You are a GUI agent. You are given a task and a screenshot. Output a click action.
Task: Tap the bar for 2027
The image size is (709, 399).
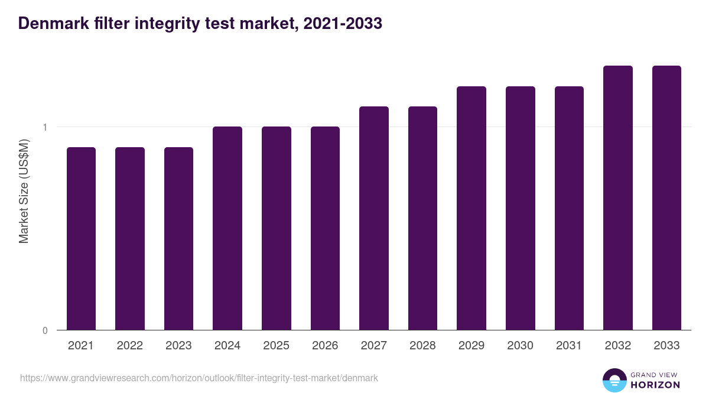click(x=374, y=218)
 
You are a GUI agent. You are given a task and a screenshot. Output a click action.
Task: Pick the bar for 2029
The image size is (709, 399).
click(x=471, y=208)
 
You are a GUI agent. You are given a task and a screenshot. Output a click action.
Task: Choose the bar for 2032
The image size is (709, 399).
click(x=617, y=197)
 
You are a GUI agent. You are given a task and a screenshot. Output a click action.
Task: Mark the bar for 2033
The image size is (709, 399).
click(x=666, y=197)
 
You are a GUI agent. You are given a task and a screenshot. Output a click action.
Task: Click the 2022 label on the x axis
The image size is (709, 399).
click(x=130, y=346)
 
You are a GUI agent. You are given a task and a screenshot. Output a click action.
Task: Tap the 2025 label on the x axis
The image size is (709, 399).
click(x=277, y=346)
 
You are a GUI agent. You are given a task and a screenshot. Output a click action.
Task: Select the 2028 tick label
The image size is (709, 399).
click(x=422, y=346)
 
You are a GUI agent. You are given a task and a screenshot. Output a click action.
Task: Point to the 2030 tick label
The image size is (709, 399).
click(x=521, y=346)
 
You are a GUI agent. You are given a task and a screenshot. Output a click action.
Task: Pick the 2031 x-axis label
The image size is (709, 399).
click(x=569, y=346)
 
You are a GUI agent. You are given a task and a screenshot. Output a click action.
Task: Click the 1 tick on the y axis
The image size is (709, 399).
click(x=45, y=127)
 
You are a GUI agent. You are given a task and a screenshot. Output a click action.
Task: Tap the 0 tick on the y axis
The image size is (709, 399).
click(x=45, y=330)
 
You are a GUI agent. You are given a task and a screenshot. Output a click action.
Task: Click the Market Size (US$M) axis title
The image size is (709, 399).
click(x=24, y=192)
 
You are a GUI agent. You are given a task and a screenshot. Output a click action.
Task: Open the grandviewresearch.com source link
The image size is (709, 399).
click(x=199, y=378)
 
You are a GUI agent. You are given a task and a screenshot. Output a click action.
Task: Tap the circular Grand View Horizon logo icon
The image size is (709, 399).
click(x=614, y=380)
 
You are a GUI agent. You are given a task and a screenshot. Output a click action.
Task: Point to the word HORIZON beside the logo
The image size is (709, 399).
click(x=655, y=385)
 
